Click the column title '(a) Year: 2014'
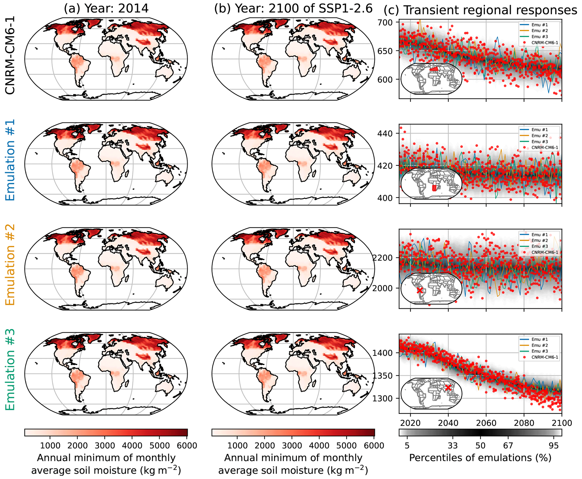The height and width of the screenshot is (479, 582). click(x=106, y=9)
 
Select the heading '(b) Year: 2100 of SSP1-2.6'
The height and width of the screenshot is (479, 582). click(x=293, y=9)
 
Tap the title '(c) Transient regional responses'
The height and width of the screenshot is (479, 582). click(x=480, y=10)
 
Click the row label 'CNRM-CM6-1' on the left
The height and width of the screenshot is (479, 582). click(x=10, y=55)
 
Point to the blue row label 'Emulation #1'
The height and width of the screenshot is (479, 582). click(x=10, y=160)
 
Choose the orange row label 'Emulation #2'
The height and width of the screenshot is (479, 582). click(x=10, y=265)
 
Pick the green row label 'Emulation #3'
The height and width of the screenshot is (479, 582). click(x=10, y=370)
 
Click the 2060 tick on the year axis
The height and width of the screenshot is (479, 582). click(x=486, y=423)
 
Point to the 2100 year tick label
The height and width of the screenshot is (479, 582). click(x=561, y=423)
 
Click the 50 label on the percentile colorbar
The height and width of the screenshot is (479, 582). click(x=480, y=446)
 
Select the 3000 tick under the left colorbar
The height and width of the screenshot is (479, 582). click(x=104, y=446)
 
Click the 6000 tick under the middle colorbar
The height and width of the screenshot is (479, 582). click(x=374, y=446)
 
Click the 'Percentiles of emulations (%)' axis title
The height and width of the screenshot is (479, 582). click(x=480, y=458)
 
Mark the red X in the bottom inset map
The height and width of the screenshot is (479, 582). click(x=448, y=388)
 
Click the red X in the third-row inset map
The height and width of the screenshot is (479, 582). click(x=420, y=290)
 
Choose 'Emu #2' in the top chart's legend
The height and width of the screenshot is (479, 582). click(x=539, y=31)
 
